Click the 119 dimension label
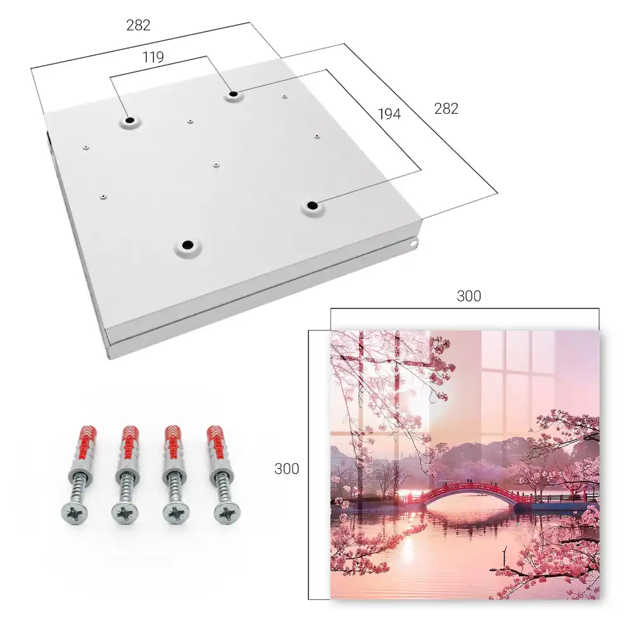153,58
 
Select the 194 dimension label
389,114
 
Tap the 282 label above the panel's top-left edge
138,25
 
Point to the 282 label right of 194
446,109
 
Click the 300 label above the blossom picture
469,296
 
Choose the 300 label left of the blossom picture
286,469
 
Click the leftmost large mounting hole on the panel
130,120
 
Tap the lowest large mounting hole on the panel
188,245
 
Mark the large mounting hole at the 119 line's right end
233,94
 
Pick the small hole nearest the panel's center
216,165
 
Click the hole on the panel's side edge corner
413,243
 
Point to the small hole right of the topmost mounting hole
284,97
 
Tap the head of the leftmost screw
75,512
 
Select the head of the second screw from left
124,513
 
